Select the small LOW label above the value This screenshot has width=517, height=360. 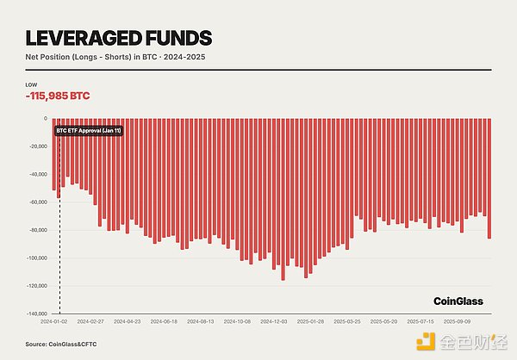(x=32, y=84)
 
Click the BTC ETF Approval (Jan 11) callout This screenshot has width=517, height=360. (x=89, y=131)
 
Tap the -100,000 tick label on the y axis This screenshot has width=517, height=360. (x=37, y=258)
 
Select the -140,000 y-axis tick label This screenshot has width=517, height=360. (x=37, y=314)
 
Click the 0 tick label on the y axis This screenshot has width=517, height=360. (x=45, y=118)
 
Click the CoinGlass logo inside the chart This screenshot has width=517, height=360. (x=458, y=301)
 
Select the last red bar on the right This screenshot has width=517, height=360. (x=489, y=177)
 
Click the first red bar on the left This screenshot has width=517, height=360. (x=53, y=153)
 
